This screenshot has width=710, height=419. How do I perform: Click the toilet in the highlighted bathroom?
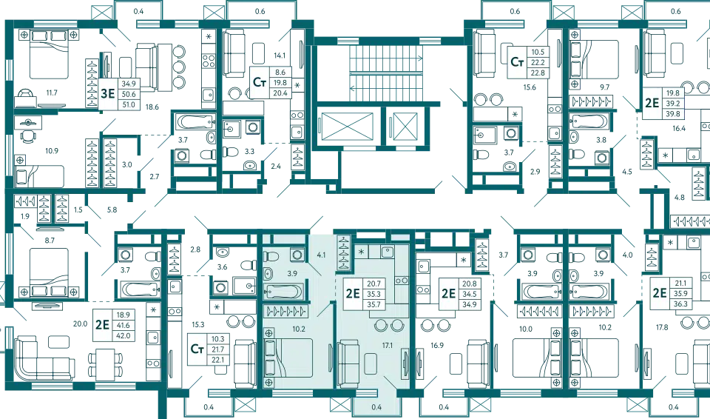[x=271, y=255]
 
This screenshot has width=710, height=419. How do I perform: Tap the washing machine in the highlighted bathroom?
[x=297, y=255]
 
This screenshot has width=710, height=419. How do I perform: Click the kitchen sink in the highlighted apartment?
[x=387, y=252]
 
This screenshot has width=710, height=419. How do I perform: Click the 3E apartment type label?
[x=107, y=93]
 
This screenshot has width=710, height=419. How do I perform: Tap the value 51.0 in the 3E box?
[x=129, y=104]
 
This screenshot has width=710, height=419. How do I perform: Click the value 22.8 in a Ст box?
[x=537, y=73]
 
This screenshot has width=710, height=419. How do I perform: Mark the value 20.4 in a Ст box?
[x=280, y=93]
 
